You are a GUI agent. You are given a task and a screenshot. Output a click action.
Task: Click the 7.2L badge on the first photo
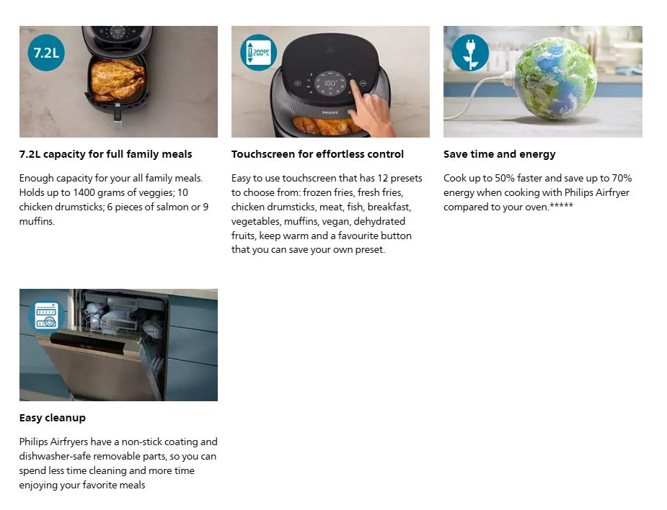(46, 53)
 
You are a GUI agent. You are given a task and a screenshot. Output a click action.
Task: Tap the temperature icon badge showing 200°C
(259, 53)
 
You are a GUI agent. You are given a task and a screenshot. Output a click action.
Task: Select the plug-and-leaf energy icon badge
(470, 53)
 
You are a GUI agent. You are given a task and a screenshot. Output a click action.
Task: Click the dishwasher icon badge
(46, 316)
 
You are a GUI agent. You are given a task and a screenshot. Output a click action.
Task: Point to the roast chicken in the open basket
(117, 79)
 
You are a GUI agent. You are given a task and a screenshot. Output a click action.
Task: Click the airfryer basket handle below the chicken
(118, 120)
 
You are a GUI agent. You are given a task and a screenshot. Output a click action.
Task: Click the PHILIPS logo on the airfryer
(330, 113)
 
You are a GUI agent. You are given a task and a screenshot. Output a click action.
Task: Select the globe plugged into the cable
(556, 78)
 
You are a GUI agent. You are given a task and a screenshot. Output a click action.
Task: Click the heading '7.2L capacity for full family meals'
(105, 154)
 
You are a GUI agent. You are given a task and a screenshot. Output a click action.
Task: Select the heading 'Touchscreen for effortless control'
(317, 154)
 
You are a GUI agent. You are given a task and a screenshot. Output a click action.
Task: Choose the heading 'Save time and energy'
(500, 154)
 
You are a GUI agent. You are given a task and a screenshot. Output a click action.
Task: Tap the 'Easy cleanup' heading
(53, 418)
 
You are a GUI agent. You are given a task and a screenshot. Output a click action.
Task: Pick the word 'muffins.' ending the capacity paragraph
(37, 221)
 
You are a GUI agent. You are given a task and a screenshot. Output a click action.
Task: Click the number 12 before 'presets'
(382, 178)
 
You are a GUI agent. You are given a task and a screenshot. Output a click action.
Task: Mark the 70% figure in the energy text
(622, 178)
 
